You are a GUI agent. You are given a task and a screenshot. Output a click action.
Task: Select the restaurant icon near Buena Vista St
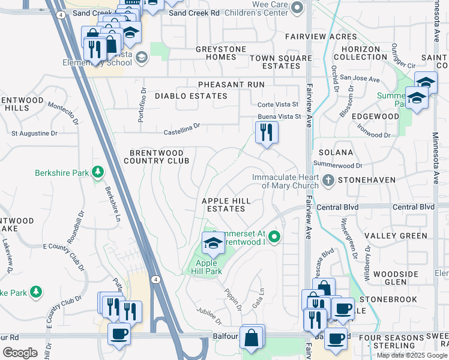point(267,131)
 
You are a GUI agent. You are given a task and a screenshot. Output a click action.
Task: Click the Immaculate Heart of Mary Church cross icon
point(328,179)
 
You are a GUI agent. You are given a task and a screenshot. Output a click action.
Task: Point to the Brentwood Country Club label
point(156,157)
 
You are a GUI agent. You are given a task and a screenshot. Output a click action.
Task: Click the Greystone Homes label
point(216,53)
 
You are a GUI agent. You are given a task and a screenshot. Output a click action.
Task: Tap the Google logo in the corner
point(20,353)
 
